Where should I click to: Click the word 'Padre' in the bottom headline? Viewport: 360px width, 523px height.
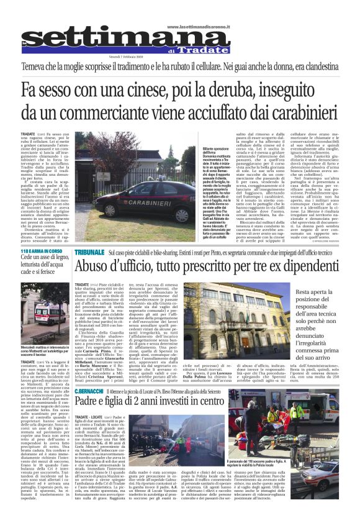tap(91, 403)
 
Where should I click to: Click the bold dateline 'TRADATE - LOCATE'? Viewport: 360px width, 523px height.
tap(91, 418)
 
